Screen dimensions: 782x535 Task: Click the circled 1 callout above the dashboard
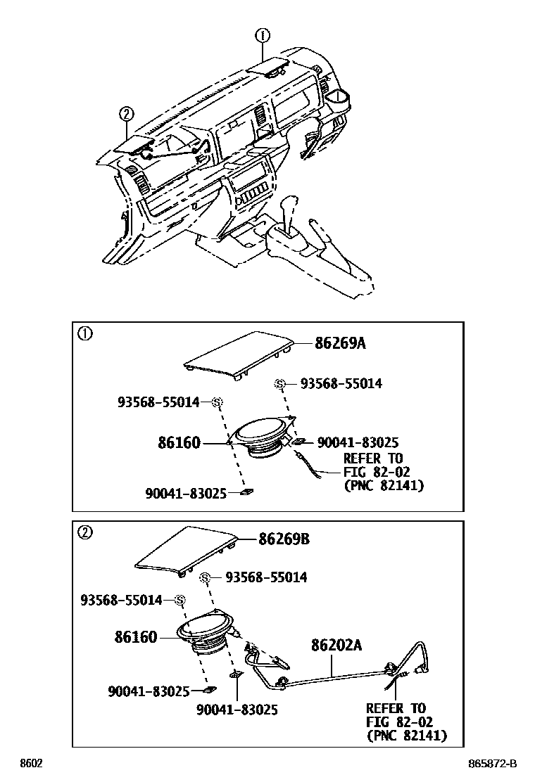click(x=262, y=34)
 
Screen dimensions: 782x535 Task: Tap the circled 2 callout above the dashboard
click(x=126, y=114)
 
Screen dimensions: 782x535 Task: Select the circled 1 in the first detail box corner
click(x=84, y=334)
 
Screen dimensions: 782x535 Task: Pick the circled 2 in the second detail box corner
click(x=84, y=532)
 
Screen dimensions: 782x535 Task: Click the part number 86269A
click(x=341, y=344)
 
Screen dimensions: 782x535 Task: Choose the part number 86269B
click(x=284, y=539)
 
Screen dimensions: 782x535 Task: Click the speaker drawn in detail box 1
click(x=260, y=438)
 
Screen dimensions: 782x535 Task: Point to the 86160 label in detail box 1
click(x=179, y=443)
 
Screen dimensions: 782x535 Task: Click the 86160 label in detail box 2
click(x=136, y=637)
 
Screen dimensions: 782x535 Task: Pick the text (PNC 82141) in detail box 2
click(x=406, y=736)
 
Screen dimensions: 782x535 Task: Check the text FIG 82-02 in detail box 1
click(x=377, y=472)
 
